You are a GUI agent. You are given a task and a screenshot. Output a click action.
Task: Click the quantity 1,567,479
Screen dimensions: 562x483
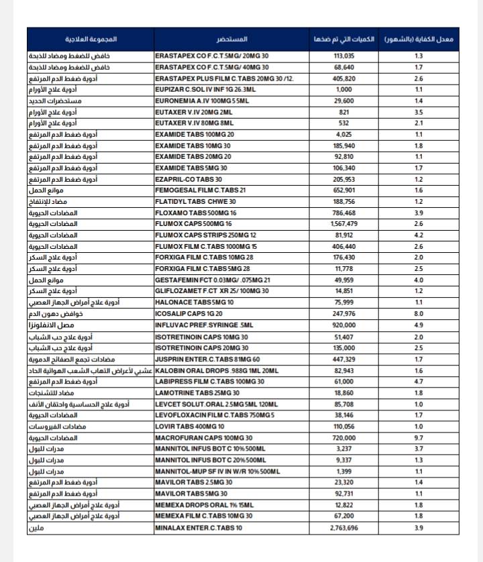[343, 223]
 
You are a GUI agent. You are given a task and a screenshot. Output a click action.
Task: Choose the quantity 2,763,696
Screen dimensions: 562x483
[343, 528]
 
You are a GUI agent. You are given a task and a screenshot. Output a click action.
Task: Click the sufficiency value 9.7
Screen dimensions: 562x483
[419, 437]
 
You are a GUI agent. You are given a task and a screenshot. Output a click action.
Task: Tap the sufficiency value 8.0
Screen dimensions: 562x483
[419, 313]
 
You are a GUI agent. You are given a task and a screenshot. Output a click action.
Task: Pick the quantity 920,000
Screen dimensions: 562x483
[343, 325]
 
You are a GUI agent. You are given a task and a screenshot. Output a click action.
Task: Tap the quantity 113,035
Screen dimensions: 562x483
[343, 56]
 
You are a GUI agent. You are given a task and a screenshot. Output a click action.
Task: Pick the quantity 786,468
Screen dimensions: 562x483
[343, 212]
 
